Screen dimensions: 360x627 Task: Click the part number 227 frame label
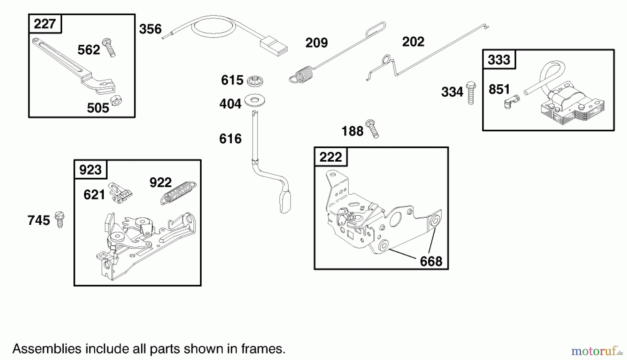coord(45,24)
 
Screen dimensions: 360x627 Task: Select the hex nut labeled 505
coord(116,101)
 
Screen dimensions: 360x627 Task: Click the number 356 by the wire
coord(150,29)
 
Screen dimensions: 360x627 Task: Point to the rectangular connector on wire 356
coord(274,48)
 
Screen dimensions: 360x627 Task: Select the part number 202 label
coord(413,42)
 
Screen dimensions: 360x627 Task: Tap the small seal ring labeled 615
coord(255,81)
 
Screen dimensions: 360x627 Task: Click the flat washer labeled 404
coord(255,101)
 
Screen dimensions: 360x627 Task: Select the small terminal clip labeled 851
coord(511,102)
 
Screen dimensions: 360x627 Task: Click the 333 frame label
coord(499,60)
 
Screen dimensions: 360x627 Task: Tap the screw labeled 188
coord(372,129)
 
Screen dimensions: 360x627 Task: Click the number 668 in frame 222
coord(431,261)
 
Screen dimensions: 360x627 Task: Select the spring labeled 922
coord(178,193)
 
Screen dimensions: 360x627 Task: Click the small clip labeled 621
coord(120,193)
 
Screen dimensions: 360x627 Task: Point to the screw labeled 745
coord(60,219)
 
